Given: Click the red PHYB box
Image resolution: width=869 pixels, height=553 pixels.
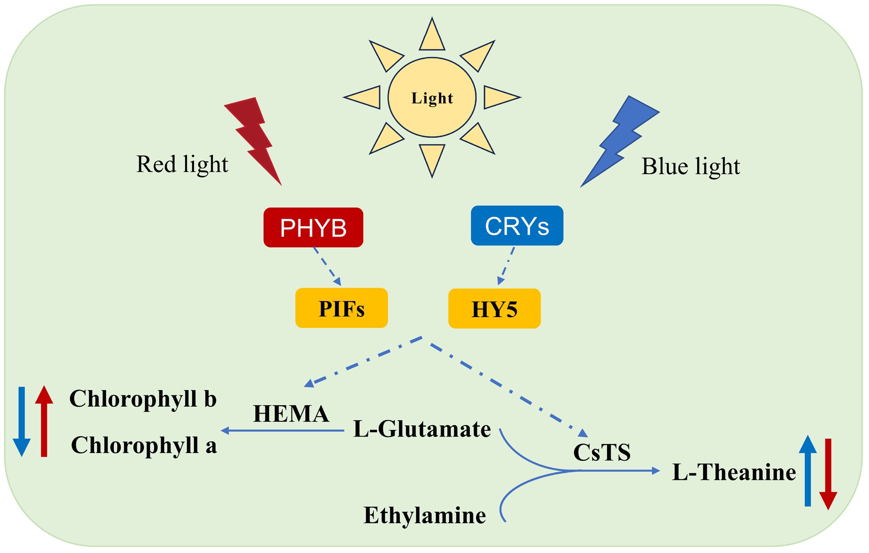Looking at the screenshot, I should (x=313, y=227).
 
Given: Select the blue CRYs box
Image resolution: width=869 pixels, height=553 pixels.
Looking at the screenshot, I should (x=517, y=226).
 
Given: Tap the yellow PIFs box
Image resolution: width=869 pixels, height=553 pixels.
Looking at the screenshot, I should (x=341, y=308).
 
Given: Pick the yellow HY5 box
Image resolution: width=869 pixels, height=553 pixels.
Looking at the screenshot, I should (x=494, y=309).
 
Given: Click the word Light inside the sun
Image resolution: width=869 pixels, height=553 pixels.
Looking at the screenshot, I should (x=432, y=98).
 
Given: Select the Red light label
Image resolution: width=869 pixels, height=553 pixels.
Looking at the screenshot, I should (x=182, y=165).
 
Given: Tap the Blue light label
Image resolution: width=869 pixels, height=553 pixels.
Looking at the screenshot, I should (x=691, y=166).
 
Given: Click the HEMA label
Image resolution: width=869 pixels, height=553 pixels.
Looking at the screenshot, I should (x=291, y=414).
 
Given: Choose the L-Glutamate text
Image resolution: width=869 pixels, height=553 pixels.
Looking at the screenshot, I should (x=422, y=429).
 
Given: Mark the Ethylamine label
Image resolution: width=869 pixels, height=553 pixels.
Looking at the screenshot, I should (x=425, y=515).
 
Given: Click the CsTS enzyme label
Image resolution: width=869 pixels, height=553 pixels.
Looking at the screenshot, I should (x=602, y=452).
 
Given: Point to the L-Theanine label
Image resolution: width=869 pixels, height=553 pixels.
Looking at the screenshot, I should (x=734, y=472).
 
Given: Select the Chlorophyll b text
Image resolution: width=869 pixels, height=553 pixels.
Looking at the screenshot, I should (x=143, y=398).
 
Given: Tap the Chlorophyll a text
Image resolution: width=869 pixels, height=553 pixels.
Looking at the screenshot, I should (x=144, y=445).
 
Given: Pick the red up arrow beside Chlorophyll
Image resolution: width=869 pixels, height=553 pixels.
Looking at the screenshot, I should (x=44, y=421).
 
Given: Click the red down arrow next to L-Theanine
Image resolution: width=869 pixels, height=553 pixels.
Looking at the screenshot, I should (x=828, y=474).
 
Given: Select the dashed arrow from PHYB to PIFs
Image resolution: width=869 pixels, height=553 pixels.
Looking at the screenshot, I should (x=328, y=267).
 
